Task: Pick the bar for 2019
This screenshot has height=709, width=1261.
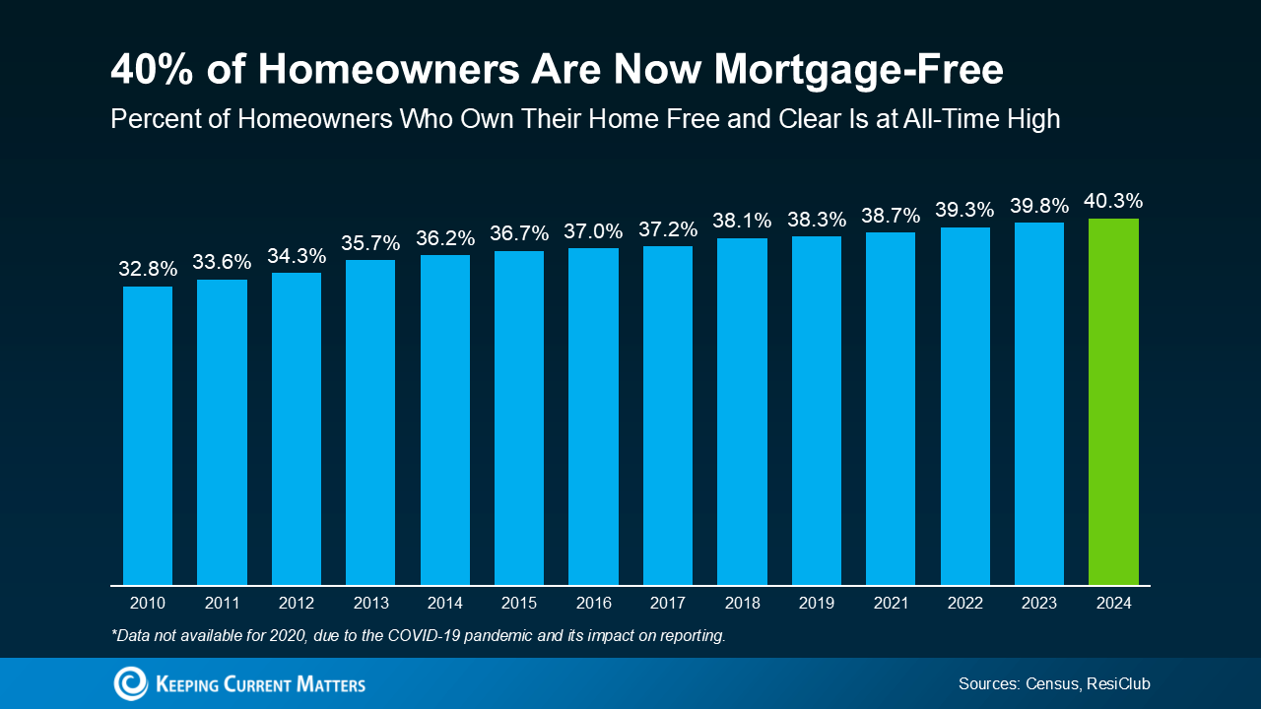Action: (x=817, y=411)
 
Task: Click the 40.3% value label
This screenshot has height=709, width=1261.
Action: (x=1113, y=201)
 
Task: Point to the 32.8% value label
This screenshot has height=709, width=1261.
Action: (x=148, y=269)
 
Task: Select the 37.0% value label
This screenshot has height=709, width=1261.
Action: (x=593, y=231)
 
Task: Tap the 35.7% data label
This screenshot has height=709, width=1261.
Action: (x=370, y=242)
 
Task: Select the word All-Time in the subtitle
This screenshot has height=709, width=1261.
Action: (x=947, y=119)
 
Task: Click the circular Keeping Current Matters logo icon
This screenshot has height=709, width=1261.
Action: (x=130, y=683)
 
